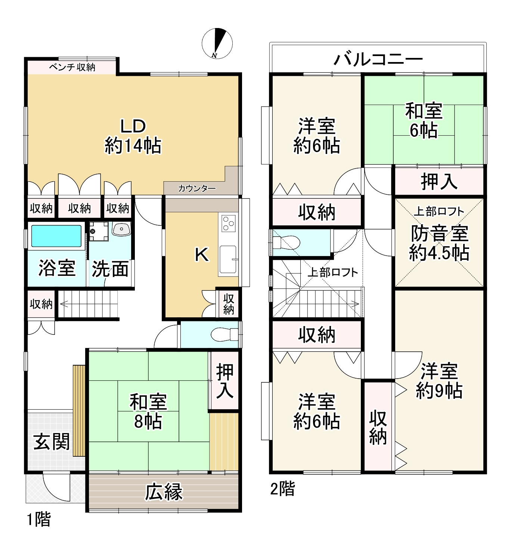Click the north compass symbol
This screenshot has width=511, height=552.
pyautogui.click(x=217, y=43)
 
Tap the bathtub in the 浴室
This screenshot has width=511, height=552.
pyautogui.click(x=56, y=236)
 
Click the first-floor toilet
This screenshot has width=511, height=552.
pyautogui.click(x=224, y=334)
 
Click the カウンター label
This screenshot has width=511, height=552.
pyautogui.click(x=197, y=188)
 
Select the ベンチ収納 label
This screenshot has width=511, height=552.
pyautogui.click(x=72, y=67)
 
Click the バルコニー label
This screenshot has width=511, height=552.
pyautogui.click(x=378, y=59)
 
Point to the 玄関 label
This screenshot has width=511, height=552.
pyautogui.click(x=52, y=442)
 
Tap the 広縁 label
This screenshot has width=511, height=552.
pyautogui.click(x=164, y=491)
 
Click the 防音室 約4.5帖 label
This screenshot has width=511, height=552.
pyautogui.click(x=439, y=243)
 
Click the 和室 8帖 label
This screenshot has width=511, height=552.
pyautogui.click(x=148, y=411)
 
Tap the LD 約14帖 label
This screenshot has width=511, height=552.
pyautogui.click(x=133, y=136)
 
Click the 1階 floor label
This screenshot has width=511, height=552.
pyautogui.click(x=38, y=519)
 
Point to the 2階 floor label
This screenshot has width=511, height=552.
pyautogui.click(x=282, y=488)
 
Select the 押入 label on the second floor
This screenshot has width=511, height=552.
pyautogui.click(x=439, y=182)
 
